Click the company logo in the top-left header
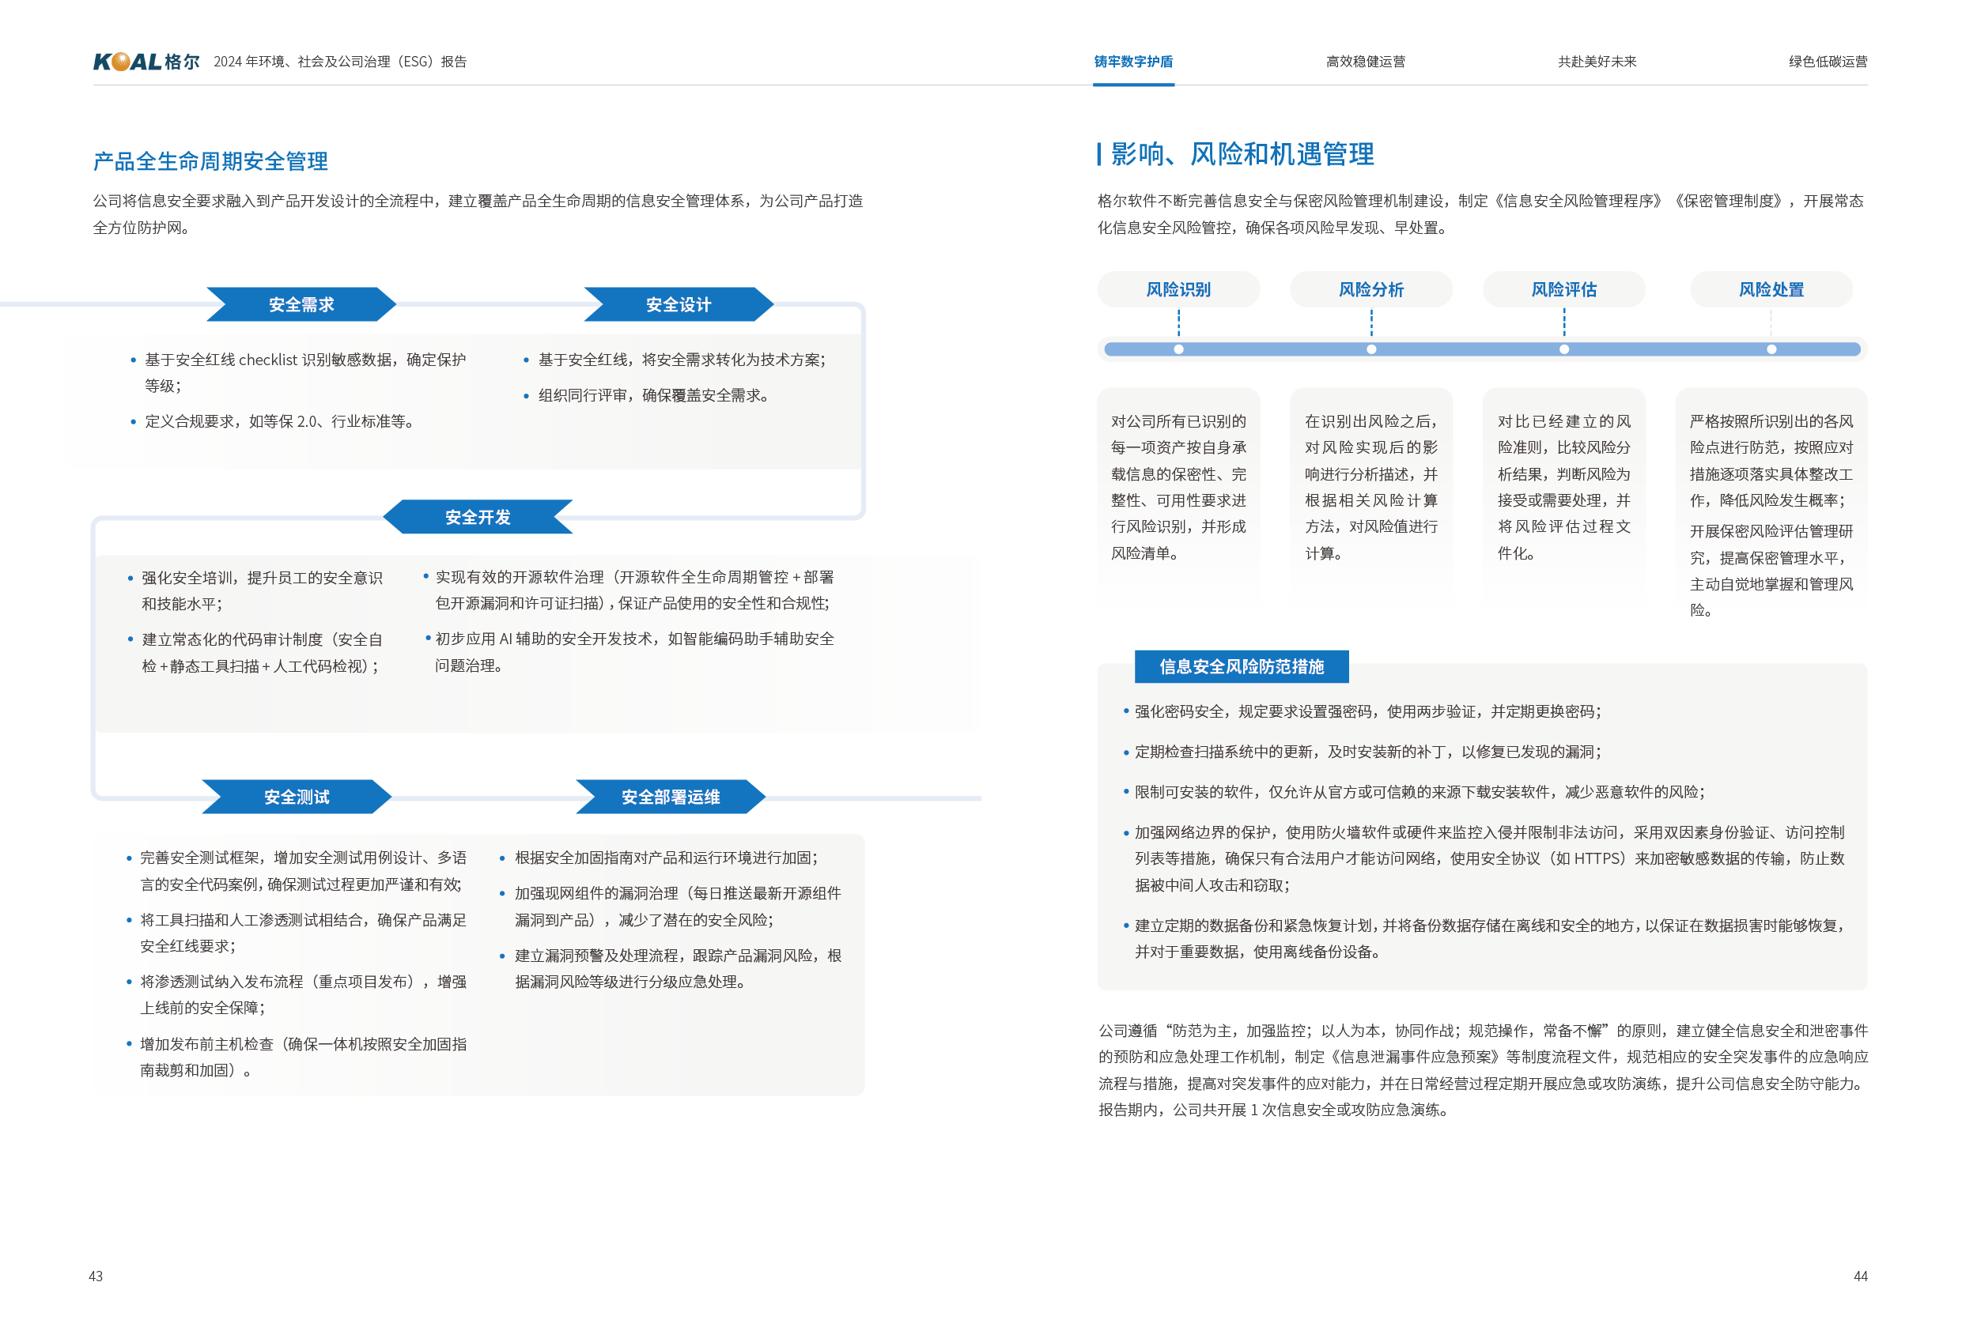pyautogui.click(x=146, y=62)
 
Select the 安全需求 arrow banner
pyautogui.click(x=301, y=304)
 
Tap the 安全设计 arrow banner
pyautogui.click(x=678, y=304)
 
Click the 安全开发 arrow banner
pyautogui.click(x=478, y=518)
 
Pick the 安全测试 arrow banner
pyautogui.click(x=297, y=797)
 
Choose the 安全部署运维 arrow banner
pyautogui.click(x=671, y=797)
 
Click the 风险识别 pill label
pyautogui.click(x=1178, y=289)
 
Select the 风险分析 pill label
pyautogui.click(x=1371, y=289)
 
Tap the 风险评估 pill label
pyautogui.click(x=1563, y=289)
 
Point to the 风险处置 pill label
pyautogui.click(x=1771, y=289)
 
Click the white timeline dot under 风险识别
pyautogui.click(x=1178, y=349)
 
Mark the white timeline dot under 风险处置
pyautogui.click(x=1771, y=349)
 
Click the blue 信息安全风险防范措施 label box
pyautogui.click(x=1241, y=667)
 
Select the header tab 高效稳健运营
pyautogui.click(x=1365, y=62)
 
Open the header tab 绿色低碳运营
pyautogui.click(x=1828, y=62)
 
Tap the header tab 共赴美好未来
pyautogui.click(x=1597, y=62)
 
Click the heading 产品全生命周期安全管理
pyautogui.click(x=210, y=161)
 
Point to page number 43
pyautogui.click(x=96, y=1276)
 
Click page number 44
pyautogui.click(x=1860, y=1276)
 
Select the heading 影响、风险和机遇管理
pyautogui.click(x=1242, y=154)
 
